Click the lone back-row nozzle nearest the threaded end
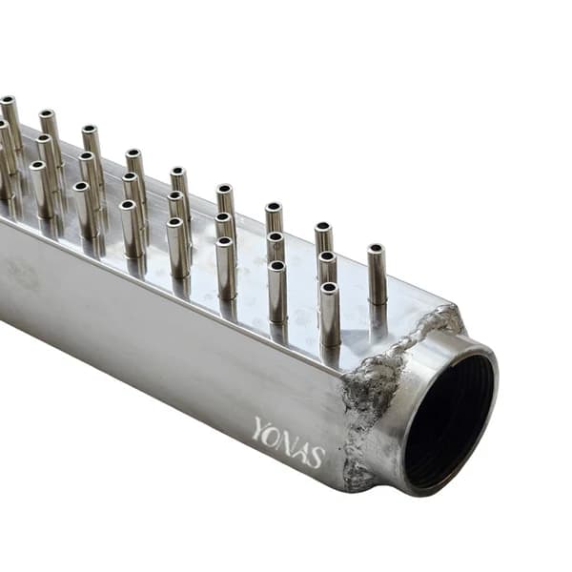tap(377, 275)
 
